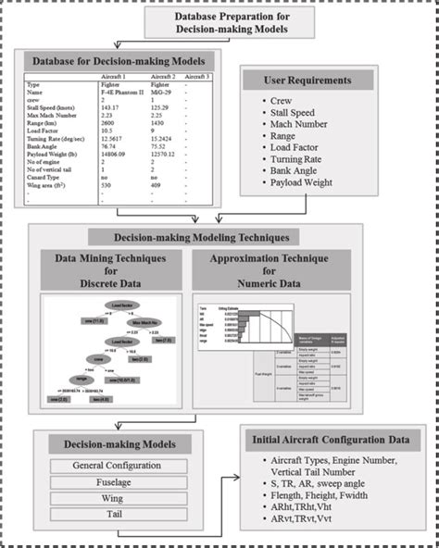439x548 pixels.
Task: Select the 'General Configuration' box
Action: (117, 465)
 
